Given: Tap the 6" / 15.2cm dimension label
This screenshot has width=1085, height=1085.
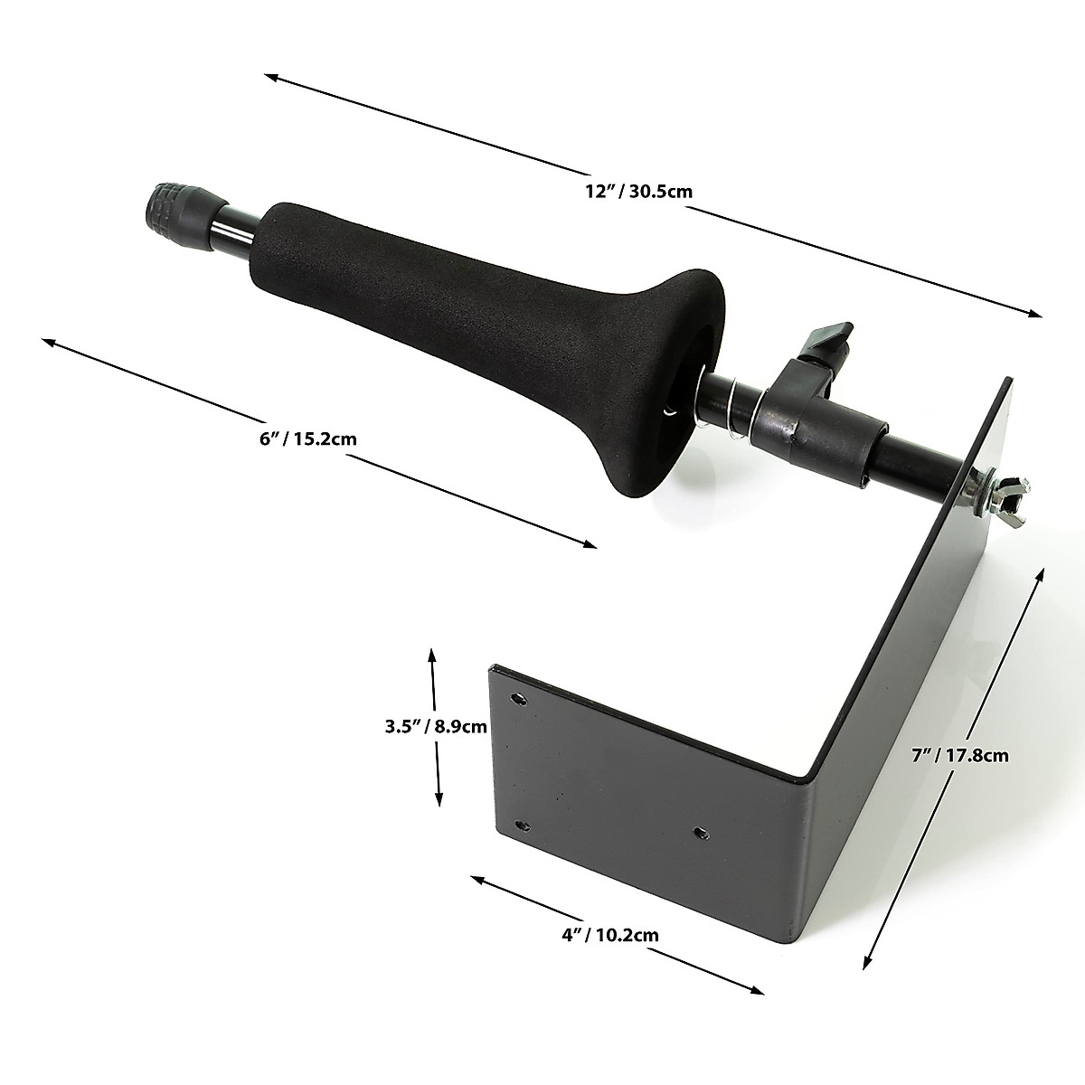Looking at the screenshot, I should click(308, 439).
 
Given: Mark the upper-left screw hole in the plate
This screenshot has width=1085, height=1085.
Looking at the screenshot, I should click(518, 698).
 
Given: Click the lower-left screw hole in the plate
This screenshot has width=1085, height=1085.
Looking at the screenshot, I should click(521, 824).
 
